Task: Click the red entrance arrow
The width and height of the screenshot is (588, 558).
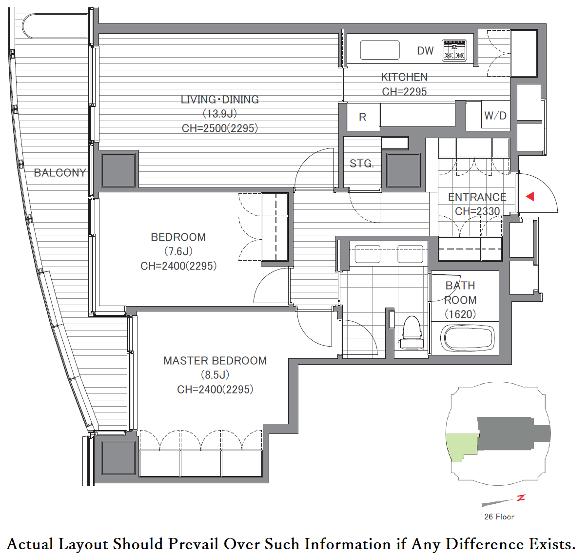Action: [530, 196]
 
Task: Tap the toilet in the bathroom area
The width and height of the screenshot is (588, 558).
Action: [412, 332]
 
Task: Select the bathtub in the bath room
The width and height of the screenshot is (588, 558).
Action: [468, 338]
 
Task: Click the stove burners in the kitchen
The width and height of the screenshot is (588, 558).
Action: [454, 51]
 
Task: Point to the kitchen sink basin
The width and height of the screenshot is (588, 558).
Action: [380, 50]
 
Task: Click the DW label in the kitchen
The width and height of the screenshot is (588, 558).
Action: [425, 51]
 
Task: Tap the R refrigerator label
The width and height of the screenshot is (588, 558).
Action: [362, 117]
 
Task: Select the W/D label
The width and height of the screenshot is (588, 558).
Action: [495, 116]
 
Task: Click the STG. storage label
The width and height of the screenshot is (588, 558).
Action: [362, 164]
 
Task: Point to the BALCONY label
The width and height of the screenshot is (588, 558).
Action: [60, 173]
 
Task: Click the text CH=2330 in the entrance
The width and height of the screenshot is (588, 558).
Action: [477, 211]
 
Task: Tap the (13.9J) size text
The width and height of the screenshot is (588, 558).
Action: [220, 114]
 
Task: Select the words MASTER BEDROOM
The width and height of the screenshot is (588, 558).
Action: [215, 361]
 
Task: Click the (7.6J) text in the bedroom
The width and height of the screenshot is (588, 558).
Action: [178, 251]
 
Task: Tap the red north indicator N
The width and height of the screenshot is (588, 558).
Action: [521, 498]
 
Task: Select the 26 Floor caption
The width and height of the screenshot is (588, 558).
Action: [499, 517]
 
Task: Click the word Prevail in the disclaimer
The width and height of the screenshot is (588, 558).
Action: [193, 544]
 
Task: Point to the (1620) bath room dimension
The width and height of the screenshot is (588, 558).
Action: [460, 314]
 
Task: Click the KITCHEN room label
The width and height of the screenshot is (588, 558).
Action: [404, 77]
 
